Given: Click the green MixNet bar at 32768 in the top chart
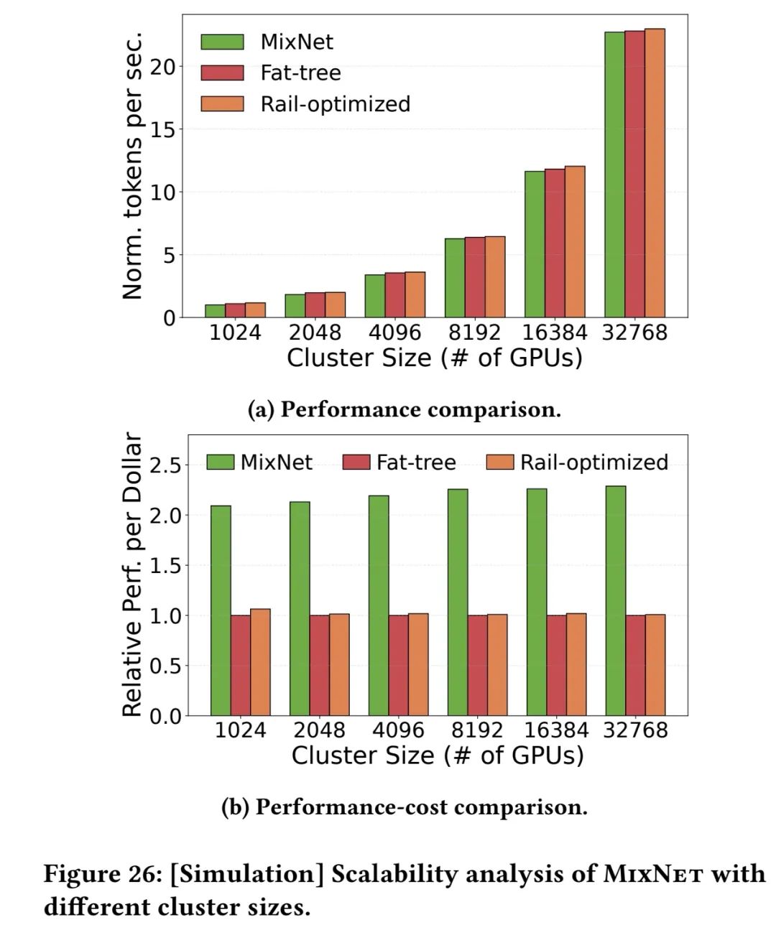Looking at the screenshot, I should pos(614,175).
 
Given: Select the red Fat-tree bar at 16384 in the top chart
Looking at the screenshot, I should pos(555,243).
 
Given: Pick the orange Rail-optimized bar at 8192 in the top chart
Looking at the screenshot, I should pos(495,276).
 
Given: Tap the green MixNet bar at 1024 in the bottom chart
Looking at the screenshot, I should pos(221,610).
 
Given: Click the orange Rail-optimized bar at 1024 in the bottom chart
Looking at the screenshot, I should pos(261,662).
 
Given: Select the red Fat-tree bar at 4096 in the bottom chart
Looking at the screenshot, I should pos(399,665).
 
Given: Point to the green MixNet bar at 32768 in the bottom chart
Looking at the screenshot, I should pos(616,600).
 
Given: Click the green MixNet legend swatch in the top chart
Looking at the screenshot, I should pos(222,42).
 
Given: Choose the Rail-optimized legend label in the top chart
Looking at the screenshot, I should pos(335,104).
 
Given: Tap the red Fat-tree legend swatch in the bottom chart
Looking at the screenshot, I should pos(357,462).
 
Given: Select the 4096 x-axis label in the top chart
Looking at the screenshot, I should pos(394,333).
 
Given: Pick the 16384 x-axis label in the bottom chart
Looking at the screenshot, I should pos(556,730).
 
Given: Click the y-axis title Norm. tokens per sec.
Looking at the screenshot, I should pos(132,165).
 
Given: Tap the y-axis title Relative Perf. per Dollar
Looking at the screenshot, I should pos(132,575).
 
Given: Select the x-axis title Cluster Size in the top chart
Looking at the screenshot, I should pos(434,358).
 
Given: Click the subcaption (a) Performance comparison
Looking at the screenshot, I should pos(405,409).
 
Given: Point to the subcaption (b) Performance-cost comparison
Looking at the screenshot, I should pos(405,807).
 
